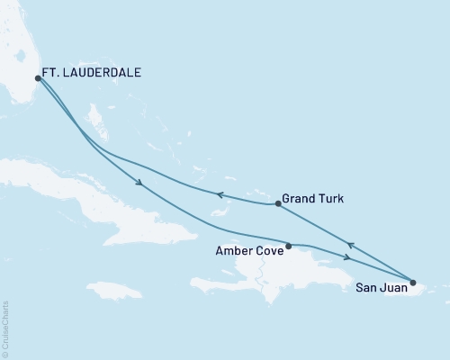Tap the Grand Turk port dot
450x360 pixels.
[x=278, y=204]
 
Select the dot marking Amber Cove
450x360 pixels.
[x=288, y=246]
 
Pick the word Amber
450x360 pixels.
[x=230, y=253]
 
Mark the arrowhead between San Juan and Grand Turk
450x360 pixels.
[x=350, y=244]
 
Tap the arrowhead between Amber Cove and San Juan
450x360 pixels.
[x=347, y=258]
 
